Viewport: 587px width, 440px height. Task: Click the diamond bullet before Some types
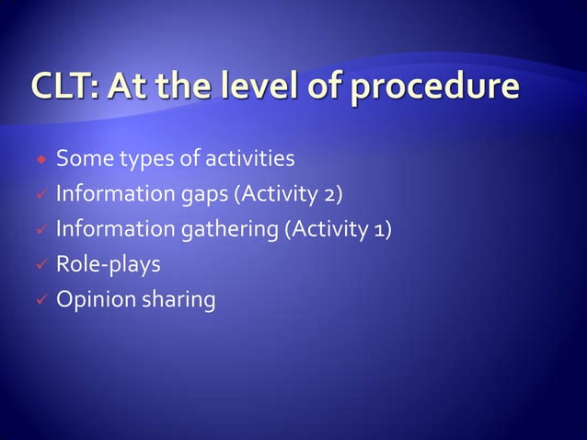(40, 160)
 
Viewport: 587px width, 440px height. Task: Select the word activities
(248, 159)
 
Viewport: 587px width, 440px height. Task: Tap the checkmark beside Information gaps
(40, 195)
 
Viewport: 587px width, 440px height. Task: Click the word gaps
(211, 196)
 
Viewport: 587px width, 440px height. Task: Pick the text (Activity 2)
(294, 194)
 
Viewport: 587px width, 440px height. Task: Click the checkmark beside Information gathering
(40, 230)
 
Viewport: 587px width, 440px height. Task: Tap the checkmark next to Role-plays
(40, 265)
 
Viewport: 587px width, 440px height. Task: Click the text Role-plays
(109, 265)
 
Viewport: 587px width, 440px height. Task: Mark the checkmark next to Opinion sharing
(40, 300)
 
